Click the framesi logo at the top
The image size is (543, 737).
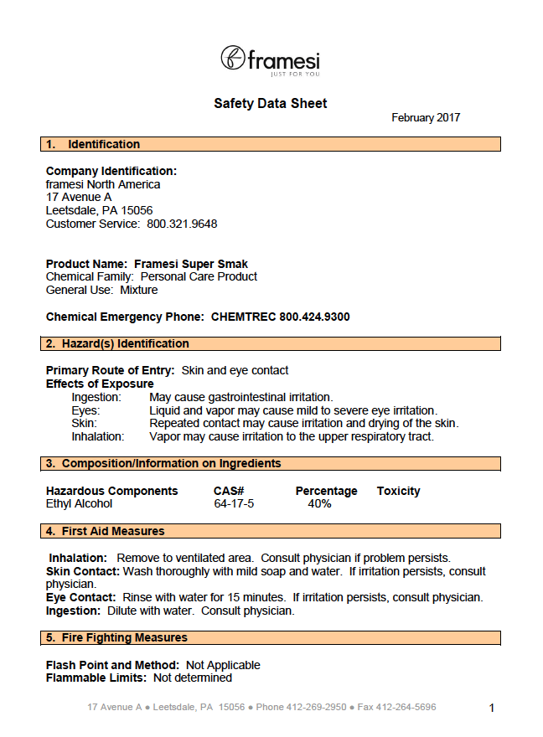pos(270,59)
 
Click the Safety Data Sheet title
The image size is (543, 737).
pos(271,104)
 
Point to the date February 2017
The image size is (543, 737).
pos(426,118)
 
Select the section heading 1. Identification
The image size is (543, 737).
pos(93,144)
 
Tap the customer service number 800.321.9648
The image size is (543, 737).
pos(182,224)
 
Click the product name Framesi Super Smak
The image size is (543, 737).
pos(191,263)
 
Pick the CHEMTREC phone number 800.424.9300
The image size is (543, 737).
pos(281,317)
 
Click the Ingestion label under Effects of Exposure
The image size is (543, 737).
pos(96,397)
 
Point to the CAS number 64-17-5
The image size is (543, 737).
pos(234,503)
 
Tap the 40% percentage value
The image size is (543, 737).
pos(319,503)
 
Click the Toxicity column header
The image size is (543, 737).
pos(398,491)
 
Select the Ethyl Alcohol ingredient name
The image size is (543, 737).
pos(79,503)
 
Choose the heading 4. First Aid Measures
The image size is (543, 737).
pos(106,531)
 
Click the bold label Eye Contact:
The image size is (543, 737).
pos(80,597)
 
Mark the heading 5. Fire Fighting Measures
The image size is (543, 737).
pos(116,637)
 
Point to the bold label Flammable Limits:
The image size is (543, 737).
pos(96,678)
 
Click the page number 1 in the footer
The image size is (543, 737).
pos(492,708)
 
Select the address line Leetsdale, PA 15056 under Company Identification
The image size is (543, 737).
pos(99,210)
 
